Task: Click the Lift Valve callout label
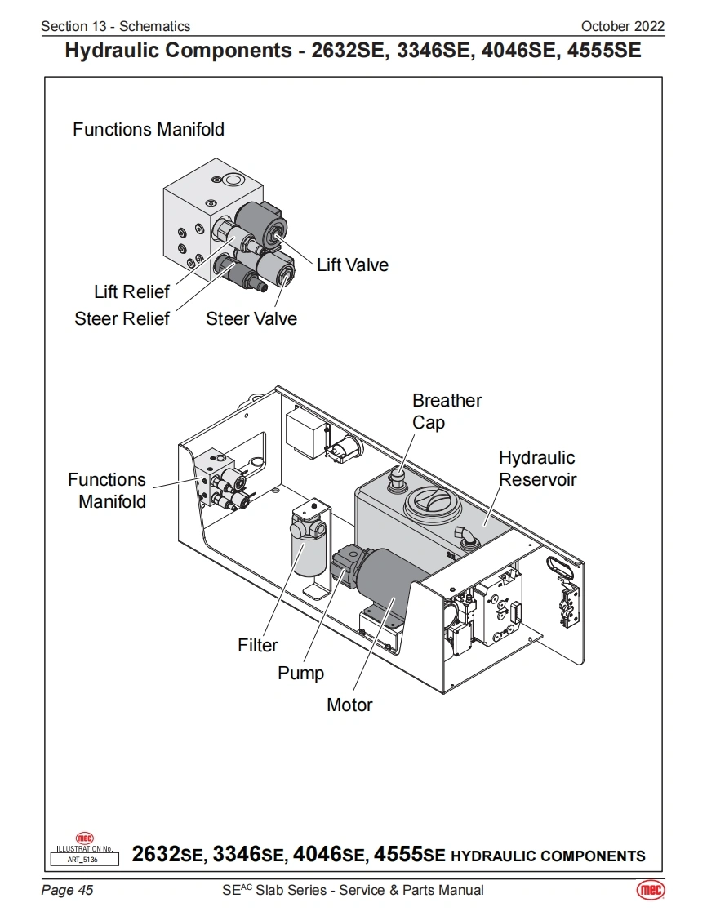click(352, 265)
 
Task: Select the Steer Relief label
click(122, 318)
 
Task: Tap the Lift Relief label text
click(131, 291)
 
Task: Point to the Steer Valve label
click(251, 318)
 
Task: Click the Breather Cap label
click(447, 411)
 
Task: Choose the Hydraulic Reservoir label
click(537, 469)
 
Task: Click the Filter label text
click(258, 645)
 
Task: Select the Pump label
click(300, 674)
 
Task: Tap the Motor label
click(349, 705)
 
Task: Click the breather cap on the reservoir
click(398, 477)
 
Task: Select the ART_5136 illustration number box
click(84, 858)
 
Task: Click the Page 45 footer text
click(67, 890)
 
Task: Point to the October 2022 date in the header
click(622, 26)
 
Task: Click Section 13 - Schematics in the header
click(115, 26)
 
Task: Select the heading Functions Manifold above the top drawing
click(148, 129)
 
